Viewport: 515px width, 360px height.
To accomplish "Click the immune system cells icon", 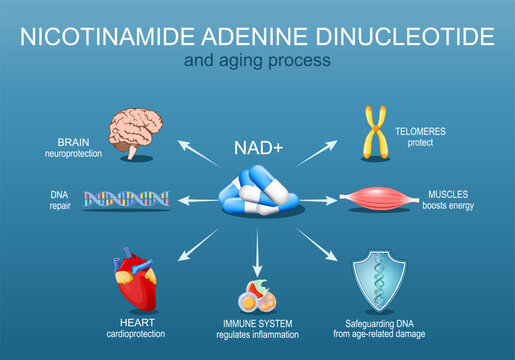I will [x=258, y=296].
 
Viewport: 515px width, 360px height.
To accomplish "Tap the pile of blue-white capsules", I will [x=257, y=194].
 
